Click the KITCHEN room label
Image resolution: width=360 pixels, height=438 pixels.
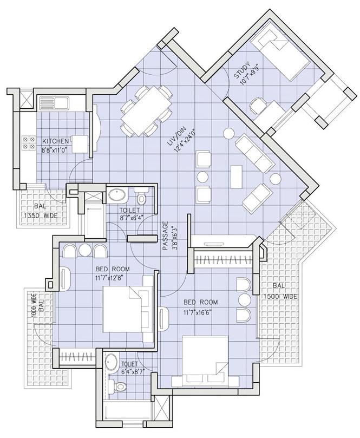pos(55,141)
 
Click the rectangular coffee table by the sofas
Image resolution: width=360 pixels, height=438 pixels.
pos(236,176)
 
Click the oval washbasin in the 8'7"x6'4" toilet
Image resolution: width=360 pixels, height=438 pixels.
pos(117,195)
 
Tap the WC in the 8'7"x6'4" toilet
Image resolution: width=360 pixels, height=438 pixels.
pos(141,196)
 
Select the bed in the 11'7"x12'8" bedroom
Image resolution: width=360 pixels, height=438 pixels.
pos(128,309)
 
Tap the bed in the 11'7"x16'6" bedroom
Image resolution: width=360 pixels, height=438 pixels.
pos(205,361)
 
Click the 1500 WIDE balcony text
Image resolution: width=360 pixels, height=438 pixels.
pos(279,297)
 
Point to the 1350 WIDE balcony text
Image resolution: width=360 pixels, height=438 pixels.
pos(41,215)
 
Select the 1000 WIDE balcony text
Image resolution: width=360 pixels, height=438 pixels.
pos(34,308)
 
